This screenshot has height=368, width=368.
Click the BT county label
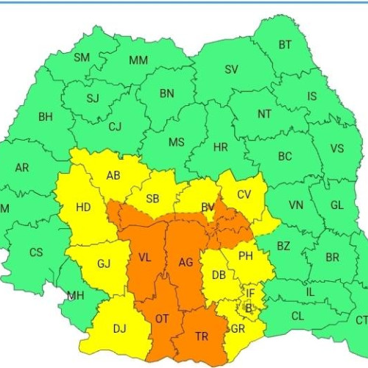click(285, 45)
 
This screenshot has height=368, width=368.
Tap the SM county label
click(82, 57)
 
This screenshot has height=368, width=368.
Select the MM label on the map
click(138, 60)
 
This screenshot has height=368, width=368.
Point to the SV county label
click(231, 70)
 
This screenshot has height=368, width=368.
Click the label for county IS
click(312, 96)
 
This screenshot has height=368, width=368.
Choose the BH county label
click(46, 116)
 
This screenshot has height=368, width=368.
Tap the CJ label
click(115, 127)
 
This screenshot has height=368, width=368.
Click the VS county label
click(336, 149)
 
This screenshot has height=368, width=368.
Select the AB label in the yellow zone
click(113, 176)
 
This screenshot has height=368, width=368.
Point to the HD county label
click(83, 208)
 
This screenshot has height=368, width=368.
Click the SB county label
click(153, 199)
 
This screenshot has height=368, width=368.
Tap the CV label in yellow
click(244, 195)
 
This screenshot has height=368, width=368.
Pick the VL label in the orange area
click(144, 258)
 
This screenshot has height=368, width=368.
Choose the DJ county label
click(118, 329)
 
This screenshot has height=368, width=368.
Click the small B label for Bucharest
click(249, 307)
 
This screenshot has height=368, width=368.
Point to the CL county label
click(297, 316)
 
